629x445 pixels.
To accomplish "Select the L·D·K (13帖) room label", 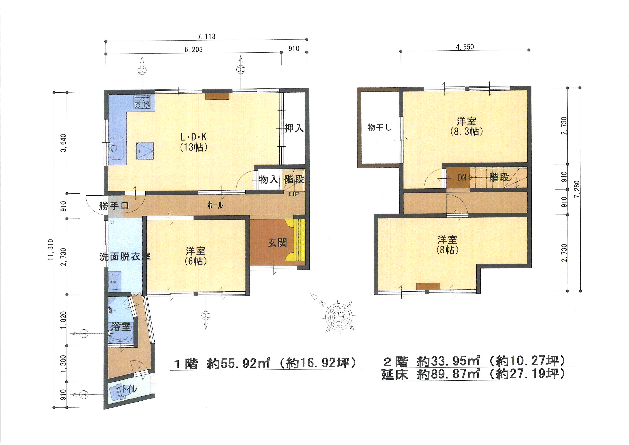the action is (x=193, y=142).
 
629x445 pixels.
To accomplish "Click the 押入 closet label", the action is (x=294, y=128).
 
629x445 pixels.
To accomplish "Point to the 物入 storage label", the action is (x=268, y=179).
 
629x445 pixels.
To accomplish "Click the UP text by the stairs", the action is (x=294, y=194).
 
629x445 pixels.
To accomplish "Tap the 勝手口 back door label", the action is (x=114, y=205).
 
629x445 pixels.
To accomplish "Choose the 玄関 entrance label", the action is (x=277, y=242).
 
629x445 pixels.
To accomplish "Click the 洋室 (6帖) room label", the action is (x=196, y=256).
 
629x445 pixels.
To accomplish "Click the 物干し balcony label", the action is (x=380, y=127).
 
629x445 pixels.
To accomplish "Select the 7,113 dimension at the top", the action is (x=206, y=36).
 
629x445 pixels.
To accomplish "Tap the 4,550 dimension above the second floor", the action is (x=465, y=47).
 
